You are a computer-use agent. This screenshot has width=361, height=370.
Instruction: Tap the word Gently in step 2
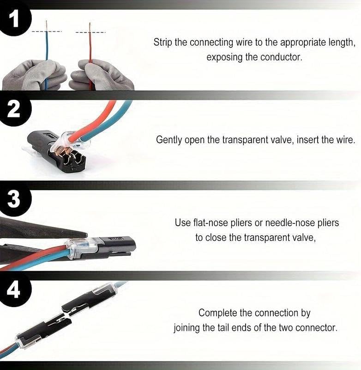click(170, 139)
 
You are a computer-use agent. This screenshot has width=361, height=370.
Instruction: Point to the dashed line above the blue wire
click(47, 31)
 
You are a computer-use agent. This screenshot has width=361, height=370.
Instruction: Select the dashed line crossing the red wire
click(90, 32)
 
